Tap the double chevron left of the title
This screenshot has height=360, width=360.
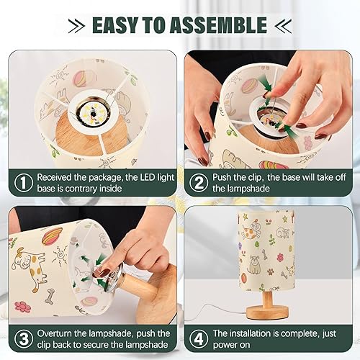75,26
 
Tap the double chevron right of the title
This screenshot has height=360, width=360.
283,26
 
